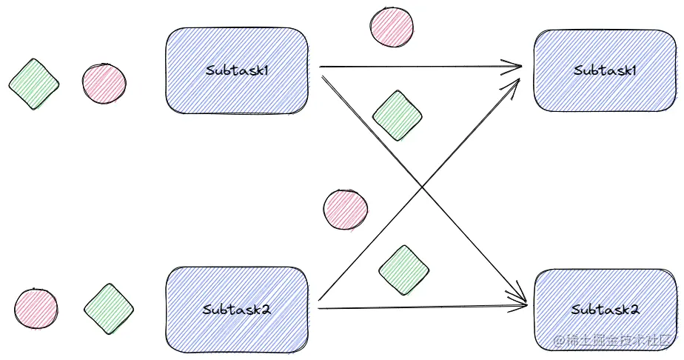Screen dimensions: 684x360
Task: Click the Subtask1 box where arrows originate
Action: [x=237, y=70]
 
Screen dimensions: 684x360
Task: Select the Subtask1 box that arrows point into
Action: [x=605, y=70]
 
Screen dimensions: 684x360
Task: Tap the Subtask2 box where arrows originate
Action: [x=237, y=310]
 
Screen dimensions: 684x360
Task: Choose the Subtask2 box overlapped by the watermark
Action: [x=606, y=310]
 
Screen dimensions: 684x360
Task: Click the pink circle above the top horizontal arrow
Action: [x=392, y=26]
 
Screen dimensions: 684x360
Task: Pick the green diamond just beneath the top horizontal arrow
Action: [x=397, y=116]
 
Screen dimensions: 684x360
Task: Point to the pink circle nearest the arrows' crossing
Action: [x=346, y=210]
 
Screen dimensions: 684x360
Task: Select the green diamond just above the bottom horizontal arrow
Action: [x=403, y=270]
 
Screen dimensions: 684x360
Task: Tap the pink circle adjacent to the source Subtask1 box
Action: [x=104, y=84]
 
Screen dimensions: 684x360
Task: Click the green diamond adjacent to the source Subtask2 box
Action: [x=109, y=309]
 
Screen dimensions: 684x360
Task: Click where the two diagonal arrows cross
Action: [x=421, y=187]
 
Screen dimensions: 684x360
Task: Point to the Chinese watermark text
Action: [x=611, y=340]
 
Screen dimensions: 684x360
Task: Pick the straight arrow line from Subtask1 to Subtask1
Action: [x=420, y=67]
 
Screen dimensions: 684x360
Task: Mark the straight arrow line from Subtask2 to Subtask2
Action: [x=423, y=308]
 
